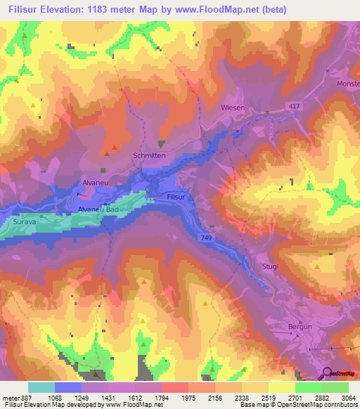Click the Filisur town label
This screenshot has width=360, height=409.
point(176,198)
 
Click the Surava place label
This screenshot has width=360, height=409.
point(24,221)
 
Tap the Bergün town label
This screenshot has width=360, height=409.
point(300,327)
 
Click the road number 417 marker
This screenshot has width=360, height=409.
point(295,105)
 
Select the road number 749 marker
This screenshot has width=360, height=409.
point(207,239)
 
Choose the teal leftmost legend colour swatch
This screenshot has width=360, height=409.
point(41,387)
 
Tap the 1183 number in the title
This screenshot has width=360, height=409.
point(106,8)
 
